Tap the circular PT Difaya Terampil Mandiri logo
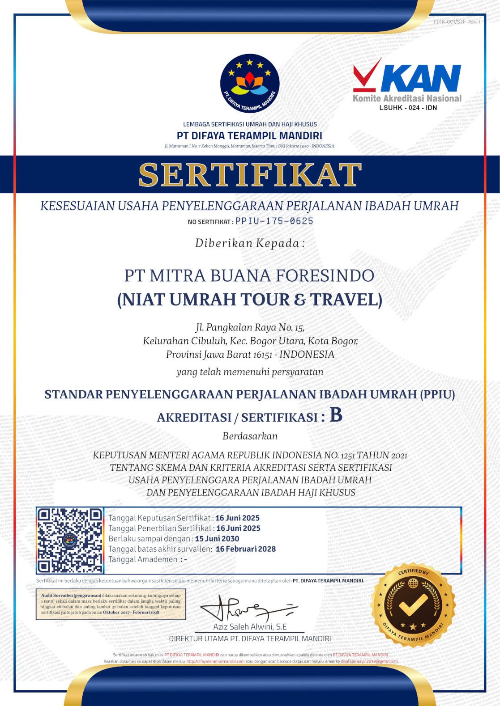point(250,84)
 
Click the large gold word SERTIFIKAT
point(250,174)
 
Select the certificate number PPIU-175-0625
point(274,221)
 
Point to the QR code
point(70,541)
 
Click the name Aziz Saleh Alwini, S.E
point(250,626)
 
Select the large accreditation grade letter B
point(336,415)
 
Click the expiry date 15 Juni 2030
point(217,539)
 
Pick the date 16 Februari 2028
point(246,549)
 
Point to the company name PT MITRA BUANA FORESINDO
point(249,275)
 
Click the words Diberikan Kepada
point(250,243)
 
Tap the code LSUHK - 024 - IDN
point(408,108)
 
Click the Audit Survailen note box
point(111,604)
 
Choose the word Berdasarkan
point(250,436)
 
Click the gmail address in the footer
point(369,661)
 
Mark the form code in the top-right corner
point(457,21)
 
